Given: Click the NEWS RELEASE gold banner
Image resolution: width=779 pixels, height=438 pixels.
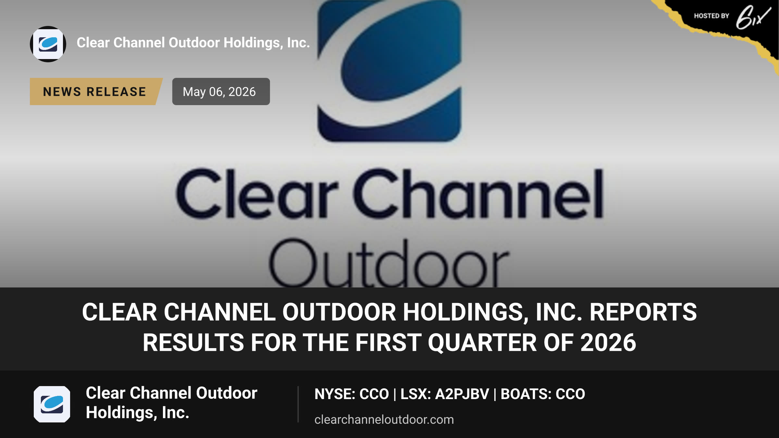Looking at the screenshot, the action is (96, 91).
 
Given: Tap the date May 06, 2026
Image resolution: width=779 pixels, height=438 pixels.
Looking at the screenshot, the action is (219, 92).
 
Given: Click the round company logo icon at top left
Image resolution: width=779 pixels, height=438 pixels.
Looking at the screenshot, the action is (48, 44).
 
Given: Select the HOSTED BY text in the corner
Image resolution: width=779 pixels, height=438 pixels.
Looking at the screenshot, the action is (711, 16).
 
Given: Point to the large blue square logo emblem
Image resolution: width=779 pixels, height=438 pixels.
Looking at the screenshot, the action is (389, 71).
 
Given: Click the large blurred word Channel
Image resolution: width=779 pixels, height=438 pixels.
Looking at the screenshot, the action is (478, 193).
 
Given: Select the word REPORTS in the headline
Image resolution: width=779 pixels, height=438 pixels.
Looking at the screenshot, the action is (643, 312).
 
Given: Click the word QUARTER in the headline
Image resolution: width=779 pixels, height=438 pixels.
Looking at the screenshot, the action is (482, 343).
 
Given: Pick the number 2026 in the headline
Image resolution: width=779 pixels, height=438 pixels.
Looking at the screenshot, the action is (608, 343).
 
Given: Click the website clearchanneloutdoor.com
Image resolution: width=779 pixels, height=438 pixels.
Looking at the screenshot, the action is (384, 420).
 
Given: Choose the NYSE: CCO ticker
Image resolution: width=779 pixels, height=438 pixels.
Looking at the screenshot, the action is (352, 394).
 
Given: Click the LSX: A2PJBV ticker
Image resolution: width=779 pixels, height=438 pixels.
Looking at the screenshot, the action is (445, 394).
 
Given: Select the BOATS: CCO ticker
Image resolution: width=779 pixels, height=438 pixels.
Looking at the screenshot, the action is (543, 394).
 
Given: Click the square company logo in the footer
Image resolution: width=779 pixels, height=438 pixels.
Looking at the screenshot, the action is (52, 404).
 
